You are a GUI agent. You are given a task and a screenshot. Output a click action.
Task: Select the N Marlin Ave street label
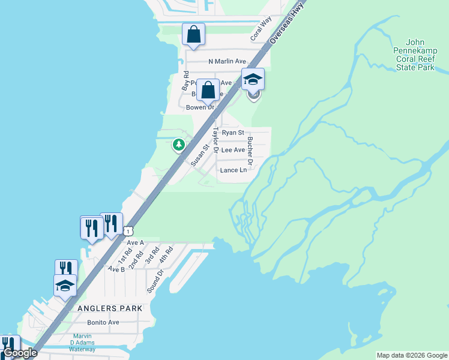228,61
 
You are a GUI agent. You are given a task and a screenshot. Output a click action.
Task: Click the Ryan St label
233,133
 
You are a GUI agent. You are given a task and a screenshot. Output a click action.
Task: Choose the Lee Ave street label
233,150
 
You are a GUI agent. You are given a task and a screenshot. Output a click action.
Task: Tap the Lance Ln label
234,170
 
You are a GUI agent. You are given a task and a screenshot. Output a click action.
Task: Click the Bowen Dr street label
200,107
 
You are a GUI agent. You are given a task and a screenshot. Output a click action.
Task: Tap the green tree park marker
178,145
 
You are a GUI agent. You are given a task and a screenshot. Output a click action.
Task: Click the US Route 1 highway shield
128,230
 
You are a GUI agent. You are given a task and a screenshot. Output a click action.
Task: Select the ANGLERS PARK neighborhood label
110,308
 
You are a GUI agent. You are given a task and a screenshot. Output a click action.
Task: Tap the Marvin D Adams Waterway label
82,343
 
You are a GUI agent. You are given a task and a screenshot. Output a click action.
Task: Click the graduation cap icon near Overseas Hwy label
253,79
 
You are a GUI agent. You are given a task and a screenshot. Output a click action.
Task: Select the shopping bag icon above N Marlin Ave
194,34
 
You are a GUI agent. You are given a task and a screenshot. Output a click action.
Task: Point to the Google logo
20,353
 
